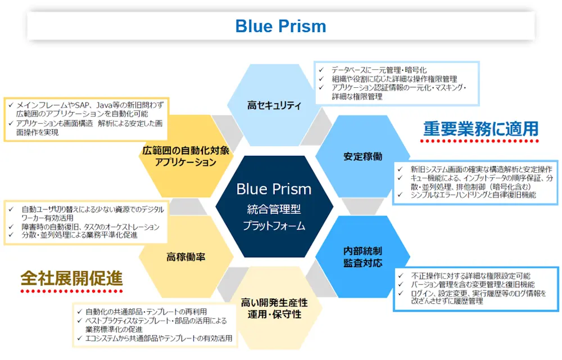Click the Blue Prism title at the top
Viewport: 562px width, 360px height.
click(280, 26)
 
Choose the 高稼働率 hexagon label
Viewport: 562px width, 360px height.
click(185, 257)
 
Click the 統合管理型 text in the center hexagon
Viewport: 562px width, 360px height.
click(274, 210)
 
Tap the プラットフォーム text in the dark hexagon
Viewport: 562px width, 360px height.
click(274, 226)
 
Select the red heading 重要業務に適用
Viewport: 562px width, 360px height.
click(481, 129)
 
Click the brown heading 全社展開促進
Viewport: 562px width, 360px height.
click(71, 278)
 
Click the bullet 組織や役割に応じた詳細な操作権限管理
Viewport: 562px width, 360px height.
click(394, 79)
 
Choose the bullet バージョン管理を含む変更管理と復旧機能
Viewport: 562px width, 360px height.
click(473, 285)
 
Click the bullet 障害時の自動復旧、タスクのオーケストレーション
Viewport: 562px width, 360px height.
click(90, 227)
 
